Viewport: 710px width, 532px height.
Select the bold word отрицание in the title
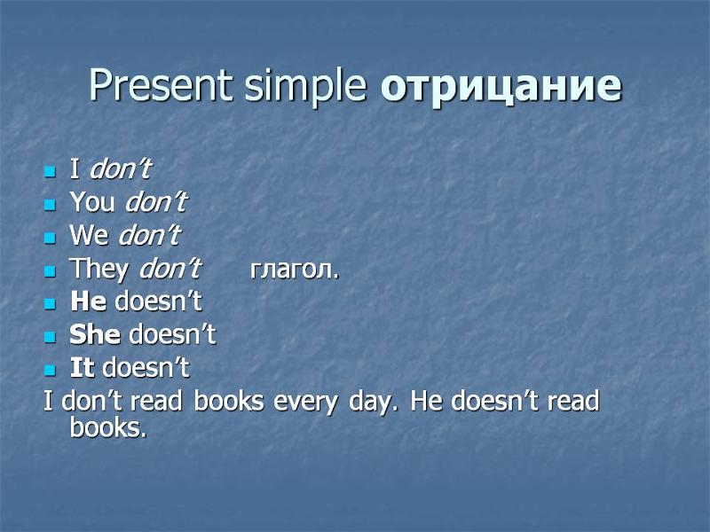501,86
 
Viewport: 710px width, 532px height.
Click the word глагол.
294,269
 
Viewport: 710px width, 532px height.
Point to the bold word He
88,301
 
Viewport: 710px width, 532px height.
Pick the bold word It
83,367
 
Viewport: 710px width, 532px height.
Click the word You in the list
92,203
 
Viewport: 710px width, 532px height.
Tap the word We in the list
89,236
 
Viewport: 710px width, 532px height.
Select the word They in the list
99,269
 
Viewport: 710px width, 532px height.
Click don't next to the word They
170,269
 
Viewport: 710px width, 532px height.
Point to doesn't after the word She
172,334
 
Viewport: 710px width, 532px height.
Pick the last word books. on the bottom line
107,428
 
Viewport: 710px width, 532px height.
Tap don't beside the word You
156,203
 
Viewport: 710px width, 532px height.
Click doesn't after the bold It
146,367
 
